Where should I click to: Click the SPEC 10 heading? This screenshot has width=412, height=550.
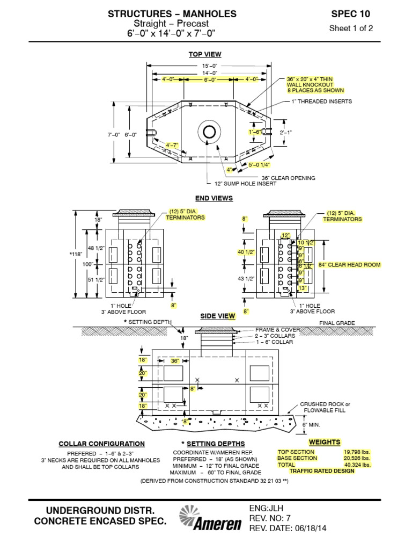(350, 14)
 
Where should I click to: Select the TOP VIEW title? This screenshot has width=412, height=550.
(204, 54)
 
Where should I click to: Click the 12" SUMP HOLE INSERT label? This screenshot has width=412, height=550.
(245, 184)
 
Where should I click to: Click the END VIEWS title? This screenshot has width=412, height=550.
(214, 198)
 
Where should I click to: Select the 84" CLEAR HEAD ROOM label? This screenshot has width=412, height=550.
(349, 265)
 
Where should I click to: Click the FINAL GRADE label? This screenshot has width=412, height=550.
(337, 323)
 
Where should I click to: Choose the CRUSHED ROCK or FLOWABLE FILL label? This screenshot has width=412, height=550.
(325, 407)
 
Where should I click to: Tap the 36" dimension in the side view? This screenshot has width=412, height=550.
(174, 361)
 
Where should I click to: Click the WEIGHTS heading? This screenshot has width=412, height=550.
(325, 442)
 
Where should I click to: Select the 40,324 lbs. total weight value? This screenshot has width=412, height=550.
(357, 465)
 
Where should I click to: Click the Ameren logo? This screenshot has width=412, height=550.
(210, 519)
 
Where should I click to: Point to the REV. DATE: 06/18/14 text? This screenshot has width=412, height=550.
(288, 528)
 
